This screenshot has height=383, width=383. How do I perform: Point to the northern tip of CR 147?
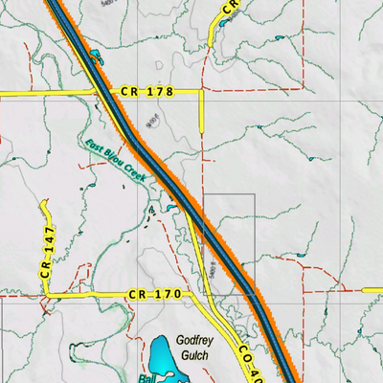pos(45,204)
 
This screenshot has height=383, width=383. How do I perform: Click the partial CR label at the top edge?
pos(230,7)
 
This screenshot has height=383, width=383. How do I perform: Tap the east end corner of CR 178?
pos(202,92)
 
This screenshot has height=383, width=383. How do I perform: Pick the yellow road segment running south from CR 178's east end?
pos(202,112)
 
